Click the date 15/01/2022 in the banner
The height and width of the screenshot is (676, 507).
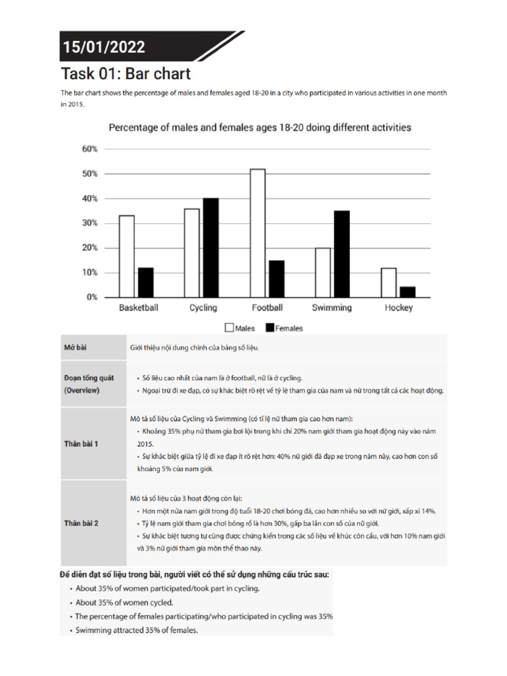click(104, 47)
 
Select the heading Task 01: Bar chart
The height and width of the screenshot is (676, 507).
click(126, 73)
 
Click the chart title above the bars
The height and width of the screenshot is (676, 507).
click(259, 127)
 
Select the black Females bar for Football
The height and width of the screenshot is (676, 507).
click(277, 279)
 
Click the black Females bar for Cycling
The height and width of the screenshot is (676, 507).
click(211, 248)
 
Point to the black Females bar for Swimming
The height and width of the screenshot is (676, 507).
click(341, 253)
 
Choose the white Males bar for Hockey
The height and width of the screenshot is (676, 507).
click(389, 283)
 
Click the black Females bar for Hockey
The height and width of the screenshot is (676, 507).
click(407, 292)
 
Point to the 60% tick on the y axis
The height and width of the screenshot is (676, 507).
click(90, 149)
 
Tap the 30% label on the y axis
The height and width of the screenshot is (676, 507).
click(90, 223)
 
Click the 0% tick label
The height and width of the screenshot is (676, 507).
click(92, 297)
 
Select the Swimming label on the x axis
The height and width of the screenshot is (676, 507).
click(331, 308)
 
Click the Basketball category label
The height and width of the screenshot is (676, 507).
click(138, 308)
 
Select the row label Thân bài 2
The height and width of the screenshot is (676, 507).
click(81, 523)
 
